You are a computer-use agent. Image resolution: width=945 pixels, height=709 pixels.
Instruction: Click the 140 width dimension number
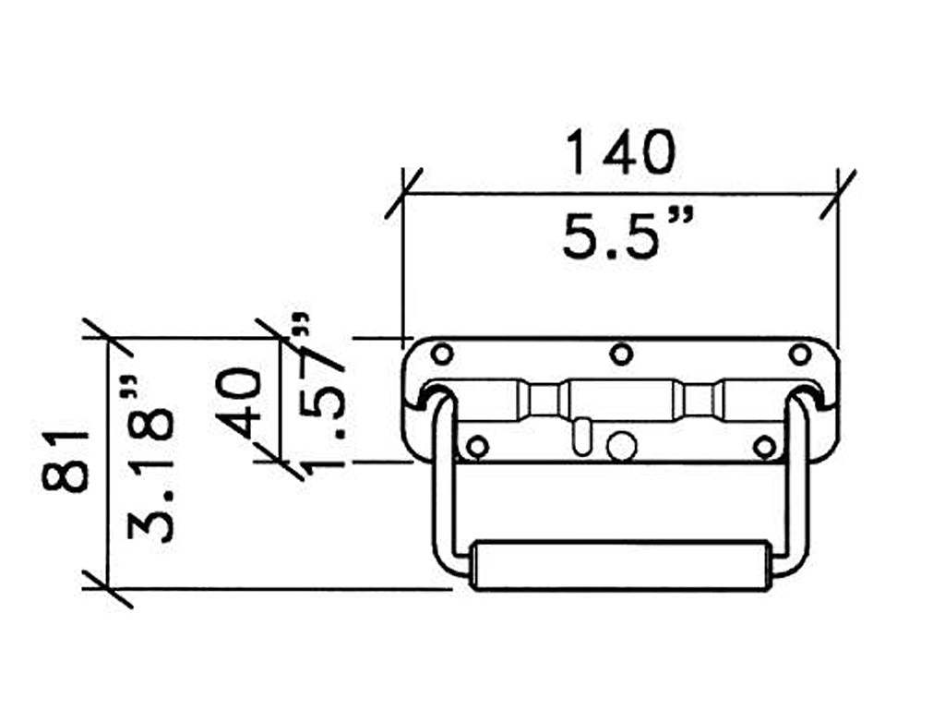click(x=621, y=152)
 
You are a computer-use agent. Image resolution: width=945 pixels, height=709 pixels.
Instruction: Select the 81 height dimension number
click(x=66, y=461)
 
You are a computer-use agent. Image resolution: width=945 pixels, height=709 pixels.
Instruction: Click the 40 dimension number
click(x=240, y=403)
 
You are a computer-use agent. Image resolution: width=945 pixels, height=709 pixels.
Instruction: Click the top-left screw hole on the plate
click(x=442, y=354)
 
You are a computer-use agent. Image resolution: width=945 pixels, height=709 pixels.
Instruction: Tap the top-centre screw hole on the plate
click(x=621, y=354)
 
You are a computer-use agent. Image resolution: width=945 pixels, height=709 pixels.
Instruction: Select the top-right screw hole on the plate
click(x=800, y=354)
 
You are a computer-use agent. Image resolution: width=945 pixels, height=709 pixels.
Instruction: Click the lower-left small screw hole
click(x=477, y=447)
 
